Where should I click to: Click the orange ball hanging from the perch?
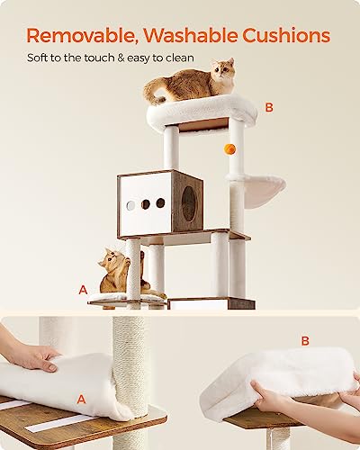(229, 148)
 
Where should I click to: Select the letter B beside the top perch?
(268, 107)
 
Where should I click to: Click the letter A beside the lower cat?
(83, 290)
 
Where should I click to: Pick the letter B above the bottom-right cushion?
(303, 341)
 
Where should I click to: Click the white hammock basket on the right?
(256, 189)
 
